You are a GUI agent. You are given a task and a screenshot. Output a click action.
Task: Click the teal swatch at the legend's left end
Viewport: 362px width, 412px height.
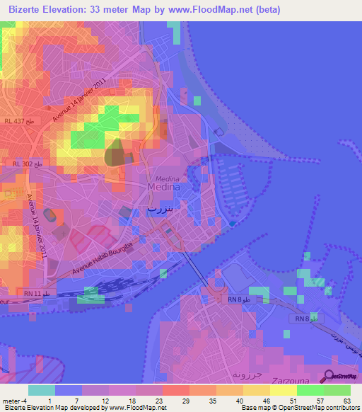pos(42,390)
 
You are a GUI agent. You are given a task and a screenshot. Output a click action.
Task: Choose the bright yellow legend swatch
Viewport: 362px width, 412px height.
pos(283,390)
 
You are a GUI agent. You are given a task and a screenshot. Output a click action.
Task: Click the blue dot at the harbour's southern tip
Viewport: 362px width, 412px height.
pos(233,224)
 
